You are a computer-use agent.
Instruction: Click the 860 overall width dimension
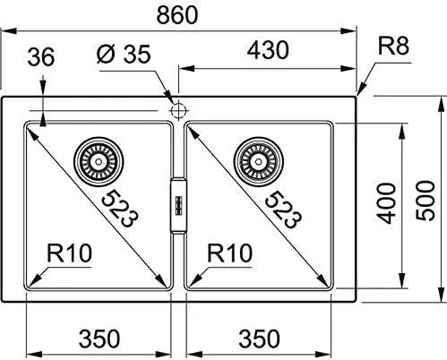177,15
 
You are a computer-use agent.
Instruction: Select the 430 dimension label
268,50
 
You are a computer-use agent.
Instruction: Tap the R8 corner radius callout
393,47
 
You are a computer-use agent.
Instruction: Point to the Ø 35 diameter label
124,54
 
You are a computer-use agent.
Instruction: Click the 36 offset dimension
41,57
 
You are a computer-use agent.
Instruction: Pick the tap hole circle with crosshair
178,110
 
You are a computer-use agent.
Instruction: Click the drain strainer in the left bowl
99,161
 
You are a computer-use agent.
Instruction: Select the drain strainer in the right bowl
259,161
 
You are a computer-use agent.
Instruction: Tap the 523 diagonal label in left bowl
120,209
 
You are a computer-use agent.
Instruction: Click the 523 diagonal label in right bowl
283,210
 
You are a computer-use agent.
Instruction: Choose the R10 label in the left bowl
69,253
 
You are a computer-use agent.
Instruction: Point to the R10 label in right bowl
229,253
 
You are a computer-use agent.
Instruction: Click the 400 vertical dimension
385,203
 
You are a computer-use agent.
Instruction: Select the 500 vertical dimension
426,201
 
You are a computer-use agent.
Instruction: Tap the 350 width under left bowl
99,339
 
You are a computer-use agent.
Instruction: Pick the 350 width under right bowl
259,339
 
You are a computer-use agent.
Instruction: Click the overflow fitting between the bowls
178,206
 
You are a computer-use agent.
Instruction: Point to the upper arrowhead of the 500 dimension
441,104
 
